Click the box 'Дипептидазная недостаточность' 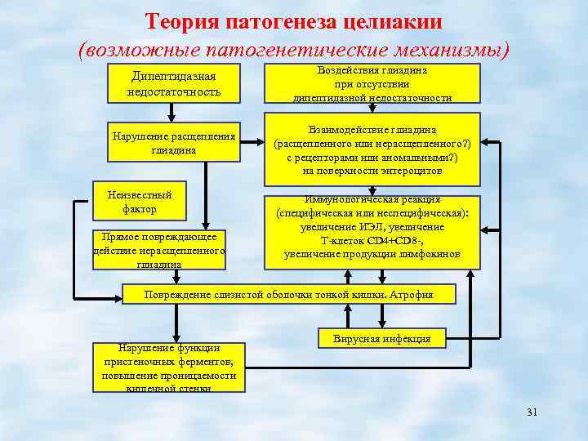[x=174, y=83]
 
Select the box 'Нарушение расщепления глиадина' [x=173, y=142]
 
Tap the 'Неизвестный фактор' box [x=140, y=203]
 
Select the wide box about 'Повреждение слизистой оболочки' [x=288, y=295]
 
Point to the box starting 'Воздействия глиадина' [x=372, y=83]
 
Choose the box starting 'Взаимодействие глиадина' [x=372, y=150]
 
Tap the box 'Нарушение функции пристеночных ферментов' [x=169, y=367]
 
